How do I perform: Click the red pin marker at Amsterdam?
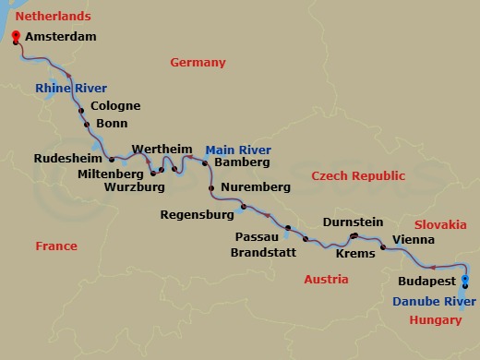coord(15,36)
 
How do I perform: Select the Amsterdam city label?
coord(62,38)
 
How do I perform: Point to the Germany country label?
coord(198,63)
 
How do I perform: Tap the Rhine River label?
coord(71,89)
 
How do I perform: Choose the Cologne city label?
coord(115,106)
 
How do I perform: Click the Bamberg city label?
coord(241,162)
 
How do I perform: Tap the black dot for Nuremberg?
coord(212,188)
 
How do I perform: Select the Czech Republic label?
coord(358,175)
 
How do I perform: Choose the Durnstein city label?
coord(353,222)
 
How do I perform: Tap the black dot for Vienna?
coord(383,248)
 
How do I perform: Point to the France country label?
coord(55,246)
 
